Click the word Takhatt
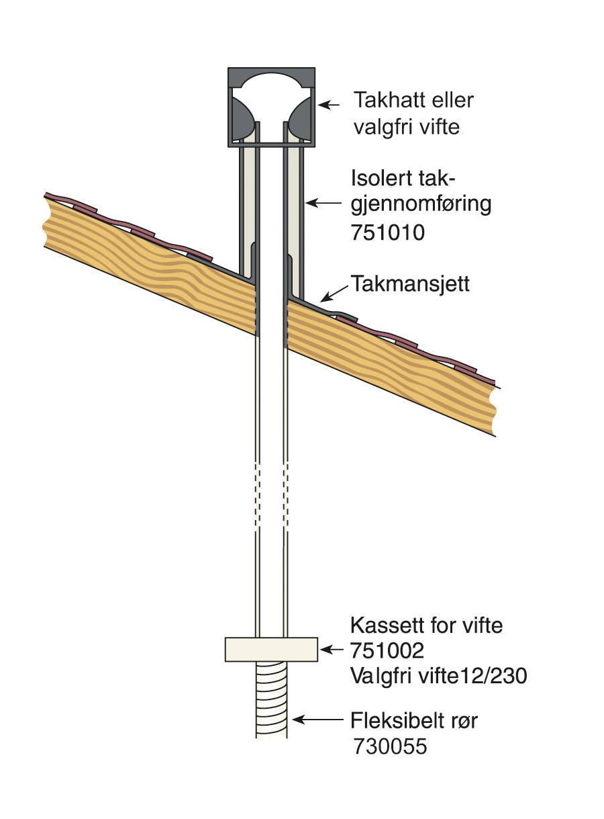click(x=389, y=101)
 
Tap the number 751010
click(x=388, y=234)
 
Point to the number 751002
click(x=387, y=650)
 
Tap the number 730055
click(x=390, y=746)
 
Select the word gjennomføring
click(x=421, y=205)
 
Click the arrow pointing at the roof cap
click(x=330, y=105)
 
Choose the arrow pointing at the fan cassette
click(x=333, y=648)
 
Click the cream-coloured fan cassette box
click(x=271, y=649)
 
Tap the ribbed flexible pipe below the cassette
click(x=271, y=699)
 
